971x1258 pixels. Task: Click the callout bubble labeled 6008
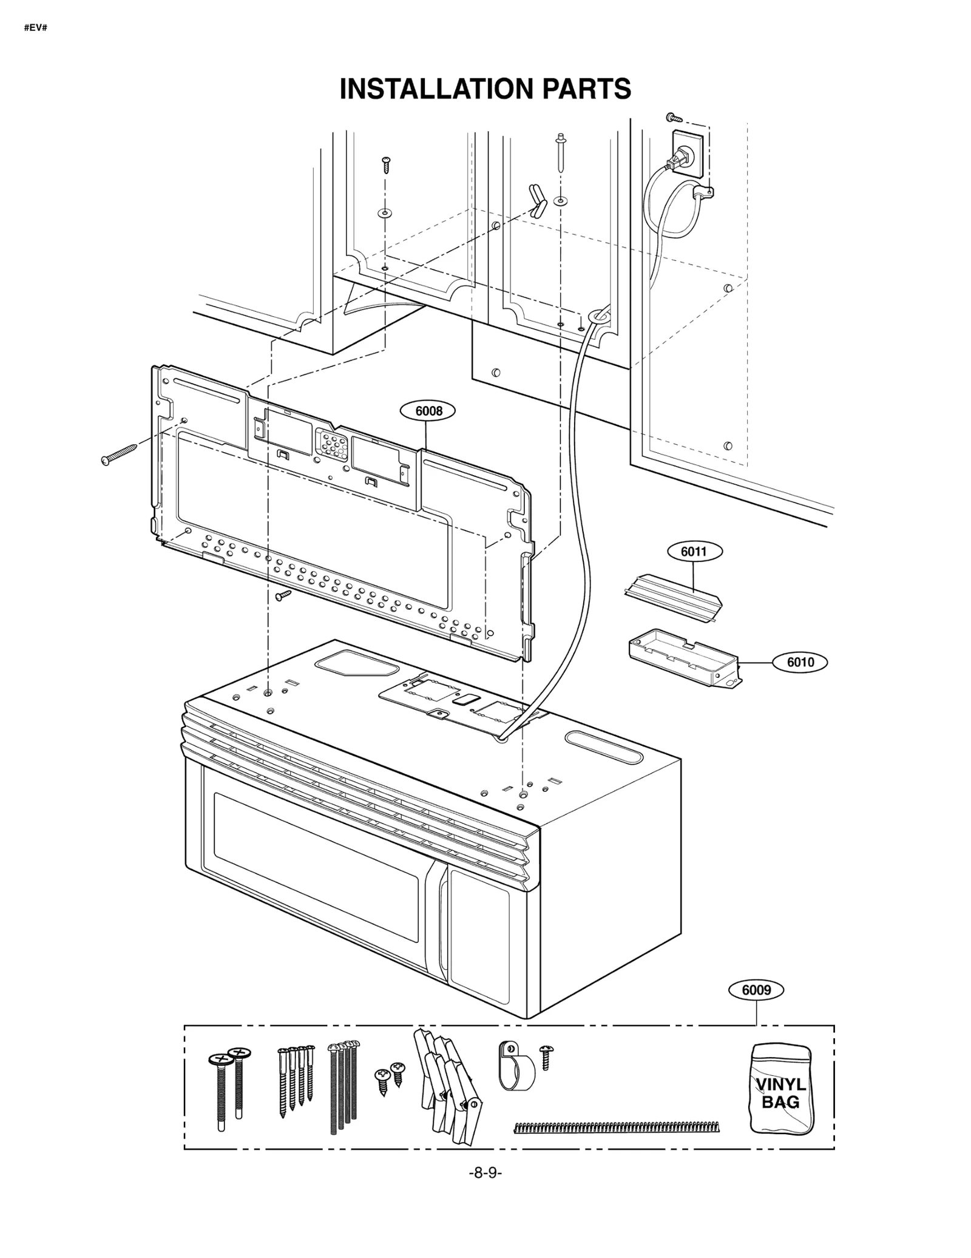pos(428,411)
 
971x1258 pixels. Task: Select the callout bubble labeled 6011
pos(694,552)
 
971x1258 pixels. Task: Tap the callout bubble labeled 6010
pos(800,662)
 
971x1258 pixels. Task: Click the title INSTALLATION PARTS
pos(485,89)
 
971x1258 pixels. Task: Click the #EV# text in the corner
pos(35,28)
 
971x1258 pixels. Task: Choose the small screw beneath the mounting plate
pos(283,595)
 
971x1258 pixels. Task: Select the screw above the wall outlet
pos(674,117)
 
